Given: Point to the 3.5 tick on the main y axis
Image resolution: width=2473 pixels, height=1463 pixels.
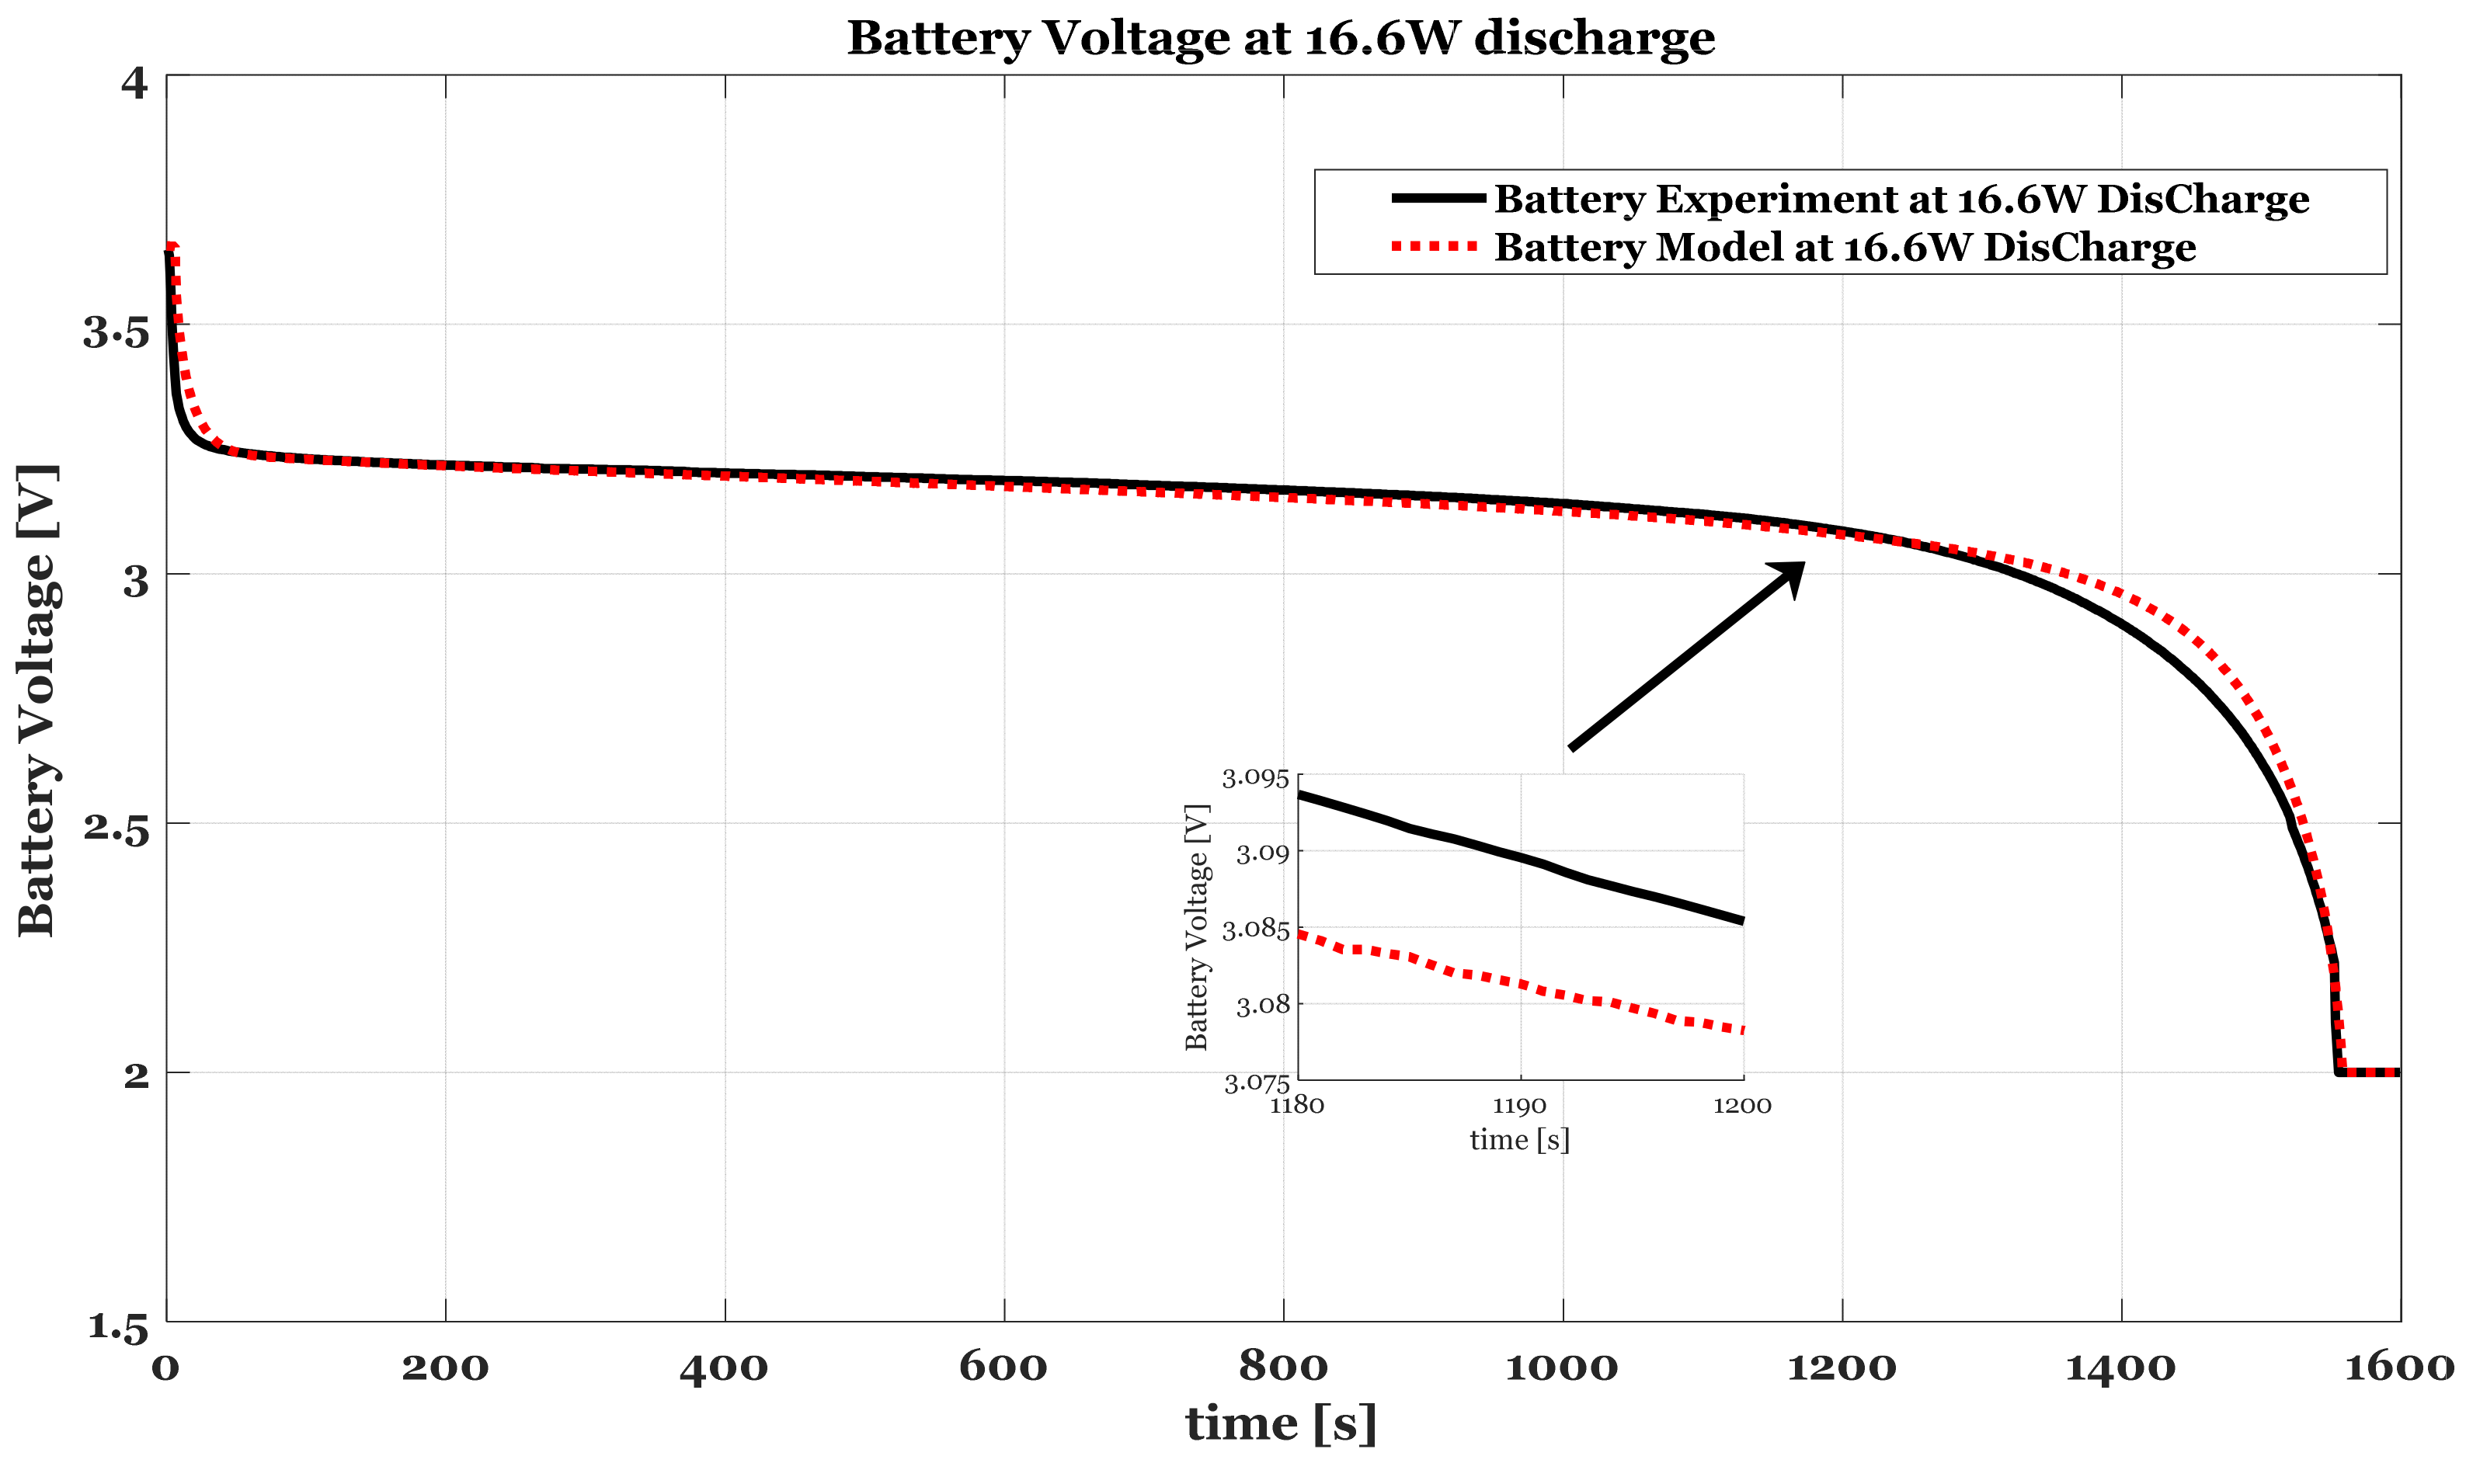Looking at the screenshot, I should (x=116, y=333).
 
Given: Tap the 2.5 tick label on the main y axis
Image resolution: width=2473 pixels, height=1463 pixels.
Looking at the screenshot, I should (x=116, y=829).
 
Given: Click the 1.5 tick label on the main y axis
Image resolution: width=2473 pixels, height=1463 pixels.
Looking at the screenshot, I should (x=117, y=1327).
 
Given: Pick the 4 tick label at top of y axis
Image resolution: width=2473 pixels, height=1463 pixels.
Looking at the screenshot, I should (x=134, y=83).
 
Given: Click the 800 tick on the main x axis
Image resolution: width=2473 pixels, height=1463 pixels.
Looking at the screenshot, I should (x=1283, y=1367).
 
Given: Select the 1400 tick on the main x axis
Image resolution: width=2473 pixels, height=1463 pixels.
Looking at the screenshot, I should (x=2120, y=1367).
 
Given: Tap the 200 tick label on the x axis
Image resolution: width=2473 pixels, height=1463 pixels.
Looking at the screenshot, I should (x=445, y=1367).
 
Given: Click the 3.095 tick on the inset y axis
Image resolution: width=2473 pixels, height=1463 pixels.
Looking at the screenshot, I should (x=1255, y=779).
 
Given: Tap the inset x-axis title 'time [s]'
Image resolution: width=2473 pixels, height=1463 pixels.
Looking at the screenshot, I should (x=1519, y=1141).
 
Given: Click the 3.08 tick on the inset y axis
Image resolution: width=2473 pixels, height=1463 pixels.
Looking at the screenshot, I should (x=1262, y=1006).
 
